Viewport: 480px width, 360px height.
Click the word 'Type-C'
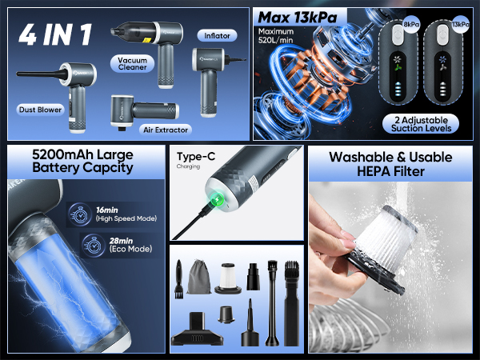pyautogui.click(x=191, y=158)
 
